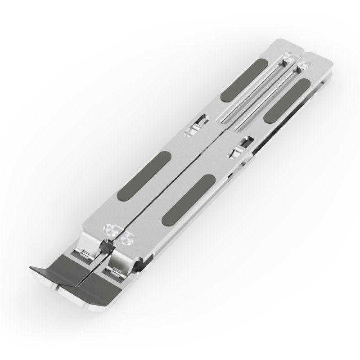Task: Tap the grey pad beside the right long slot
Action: [x=286, y=99]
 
